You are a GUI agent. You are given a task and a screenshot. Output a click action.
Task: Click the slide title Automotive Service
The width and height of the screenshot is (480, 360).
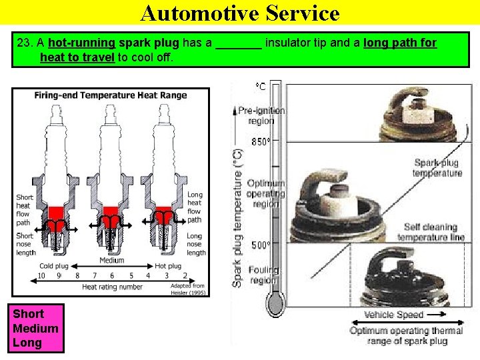(x=240, y=13)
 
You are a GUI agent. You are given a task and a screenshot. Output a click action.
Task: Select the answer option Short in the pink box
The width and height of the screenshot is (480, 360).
(x=28, y=314)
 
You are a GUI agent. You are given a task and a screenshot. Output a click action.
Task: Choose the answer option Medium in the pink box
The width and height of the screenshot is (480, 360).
(x=35, y=328)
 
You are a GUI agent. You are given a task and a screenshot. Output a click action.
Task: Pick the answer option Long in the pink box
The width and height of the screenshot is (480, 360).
(x=27, y=343)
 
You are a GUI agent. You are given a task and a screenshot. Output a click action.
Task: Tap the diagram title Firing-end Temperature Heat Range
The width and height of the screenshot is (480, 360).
(x=111, y=95)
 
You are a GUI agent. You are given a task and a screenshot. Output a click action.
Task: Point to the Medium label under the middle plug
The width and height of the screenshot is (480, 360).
(x=111, y=261)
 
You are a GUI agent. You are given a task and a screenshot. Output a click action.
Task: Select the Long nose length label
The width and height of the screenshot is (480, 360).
(x=195, y=244)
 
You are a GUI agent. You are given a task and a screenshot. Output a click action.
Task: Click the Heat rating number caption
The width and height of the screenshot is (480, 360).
(x=112, y=287)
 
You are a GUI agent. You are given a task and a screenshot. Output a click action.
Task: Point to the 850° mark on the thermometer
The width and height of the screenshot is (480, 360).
(x=261, y=142)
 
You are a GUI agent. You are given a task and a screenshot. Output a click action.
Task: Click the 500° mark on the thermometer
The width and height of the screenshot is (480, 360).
(x=261, y=245)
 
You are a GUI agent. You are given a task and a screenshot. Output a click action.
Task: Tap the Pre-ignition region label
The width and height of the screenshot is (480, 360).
(x=261, y=115)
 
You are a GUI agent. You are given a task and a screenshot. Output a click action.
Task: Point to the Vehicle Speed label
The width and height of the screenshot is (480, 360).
(x=394, y=315)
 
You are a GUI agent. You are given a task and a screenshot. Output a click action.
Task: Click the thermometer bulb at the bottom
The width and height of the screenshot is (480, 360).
(x=275, y=305)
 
